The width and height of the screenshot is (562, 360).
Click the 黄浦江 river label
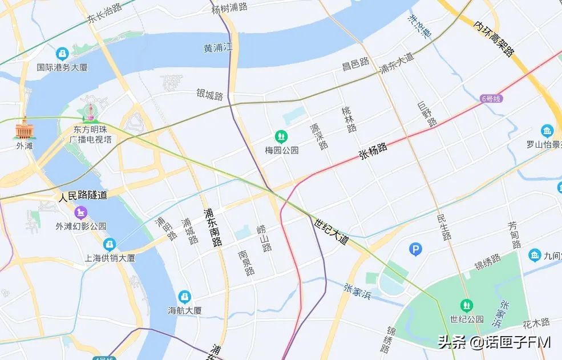point(219,48)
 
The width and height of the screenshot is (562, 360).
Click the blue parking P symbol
point(417,249)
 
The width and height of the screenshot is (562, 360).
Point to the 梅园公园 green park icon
point(281,136)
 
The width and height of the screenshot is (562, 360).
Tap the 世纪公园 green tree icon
point(467,305)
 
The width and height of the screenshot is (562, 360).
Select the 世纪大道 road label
point(331,232)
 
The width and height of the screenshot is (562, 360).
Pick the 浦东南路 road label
point(212,227)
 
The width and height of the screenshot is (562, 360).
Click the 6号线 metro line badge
point(491,99)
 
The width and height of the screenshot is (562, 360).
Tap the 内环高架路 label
point(494,39)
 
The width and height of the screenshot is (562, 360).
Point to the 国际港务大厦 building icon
point(62,54)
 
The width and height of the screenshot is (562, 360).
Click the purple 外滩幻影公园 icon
point(81,212)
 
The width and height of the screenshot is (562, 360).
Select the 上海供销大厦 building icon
point(110,244)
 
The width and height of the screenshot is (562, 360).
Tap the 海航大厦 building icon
point(184,297)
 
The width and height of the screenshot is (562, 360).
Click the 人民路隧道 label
point(83,196)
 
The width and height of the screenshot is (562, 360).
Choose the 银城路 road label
point(210,95)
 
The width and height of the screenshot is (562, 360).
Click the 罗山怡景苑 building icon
point(548,131)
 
